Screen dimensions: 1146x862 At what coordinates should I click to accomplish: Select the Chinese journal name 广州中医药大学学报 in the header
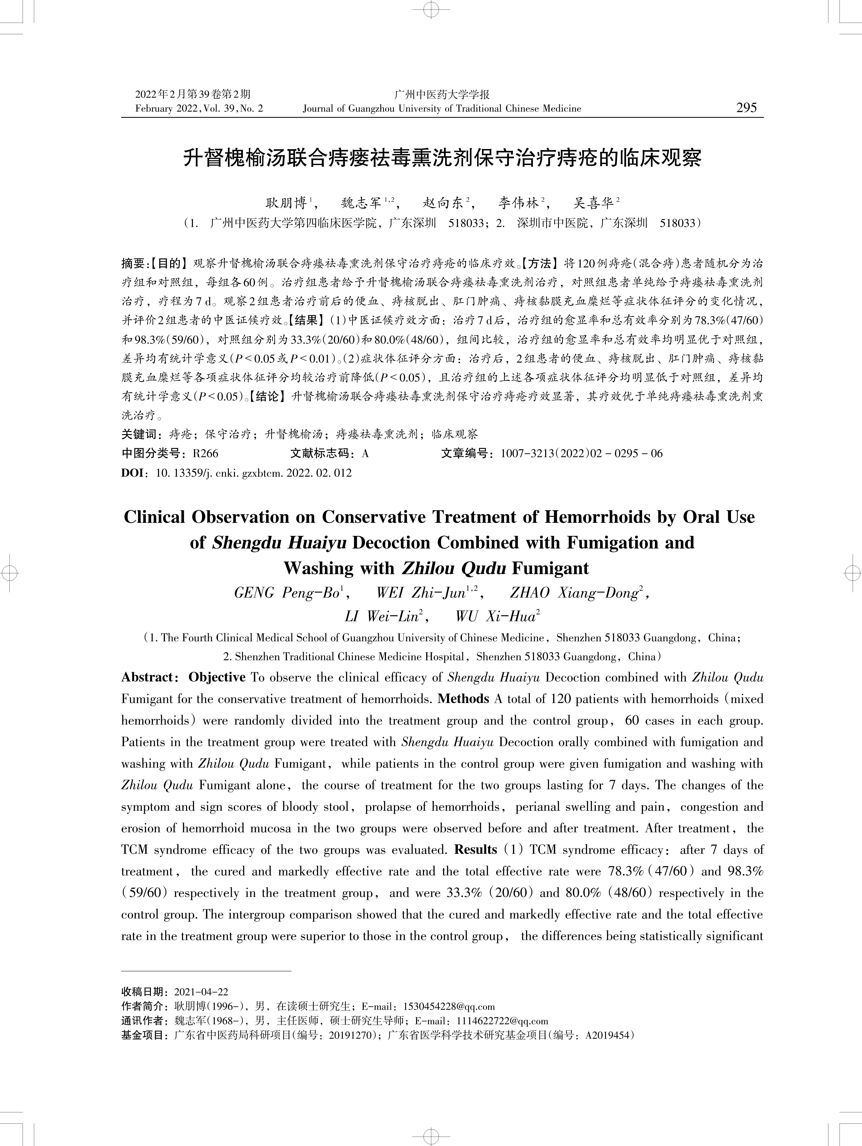tap(442, 94)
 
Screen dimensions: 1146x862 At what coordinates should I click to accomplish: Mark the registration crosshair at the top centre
tap(431, 9)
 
